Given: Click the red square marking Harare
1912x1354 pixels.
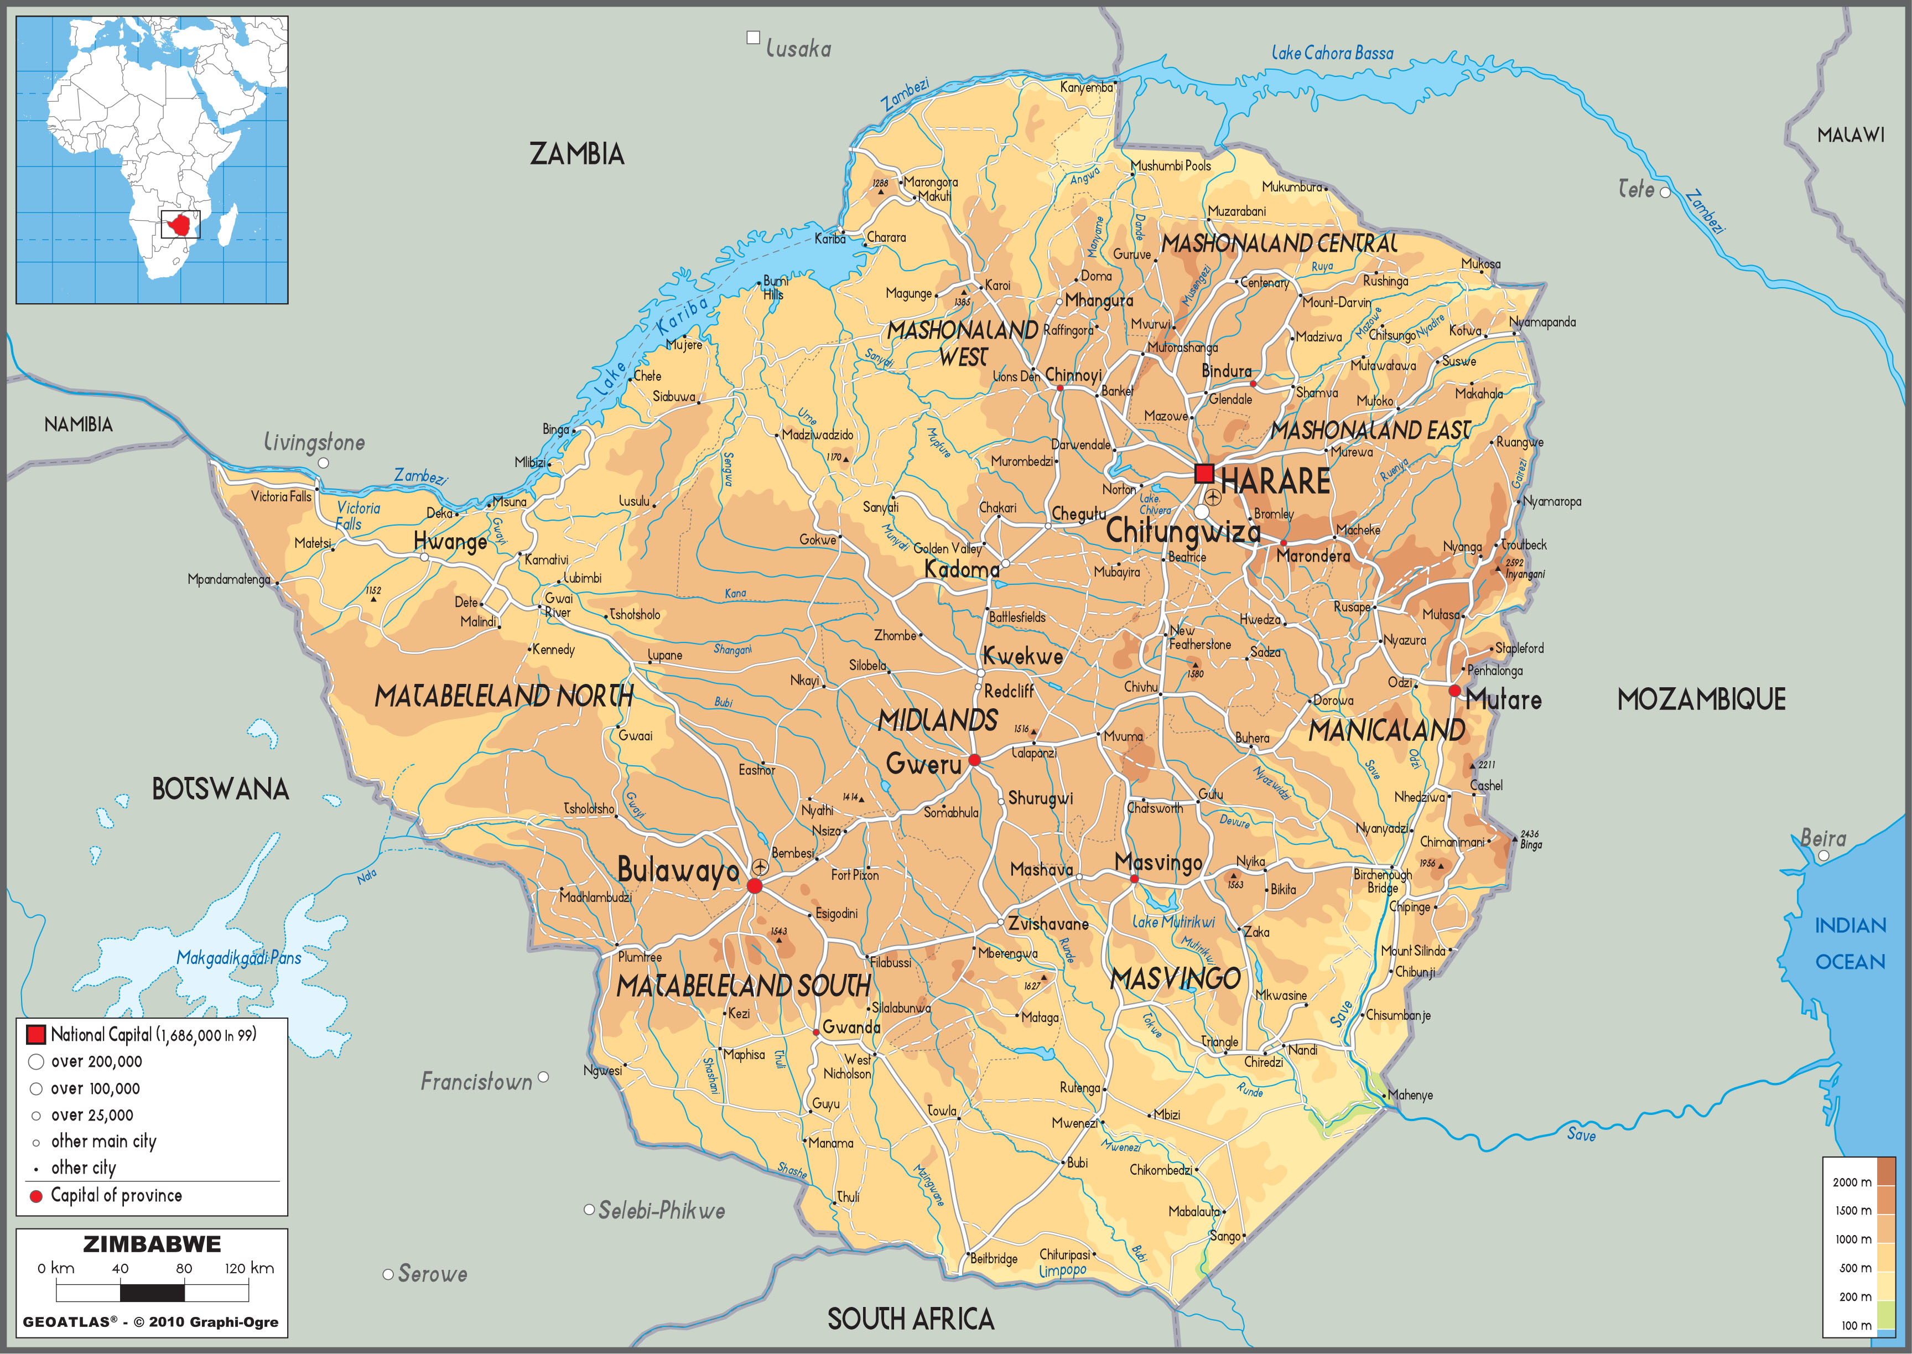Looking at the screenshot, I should [1203, 474].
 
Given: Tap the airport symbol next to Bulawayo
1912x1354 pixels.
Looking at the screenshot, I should [760, 867].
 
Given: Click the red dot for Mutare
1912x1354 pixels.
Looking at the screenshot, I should [1454, 691].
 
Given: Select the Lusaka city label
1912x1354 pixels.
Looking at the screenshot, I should [798, 49].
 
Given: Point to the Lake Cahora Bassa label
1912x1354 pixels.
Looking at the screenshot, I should [1332, 53].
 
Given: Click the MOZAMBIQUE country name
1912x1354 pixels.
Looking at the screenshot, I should [1701, 699].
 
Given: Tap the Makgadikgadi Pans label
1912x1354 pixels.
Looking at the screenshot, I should [238, 958].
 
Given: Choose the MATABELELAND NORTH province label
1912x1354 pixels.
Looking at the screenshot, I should [503, 696].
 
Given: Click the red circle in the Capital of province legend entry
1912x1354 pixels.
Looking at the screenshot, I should [36, 1196].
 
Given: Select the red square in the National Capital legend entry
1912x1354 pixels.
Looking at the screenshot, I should [36, 1035].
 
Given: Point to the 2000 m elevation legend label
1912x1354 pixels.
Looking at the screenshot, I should [1851, 1182].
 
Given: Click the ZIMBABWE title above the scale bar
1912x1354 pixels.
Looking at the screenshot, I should [152, 1244].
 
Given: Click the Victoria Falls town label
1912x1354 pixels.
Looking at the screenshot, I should [281, 497].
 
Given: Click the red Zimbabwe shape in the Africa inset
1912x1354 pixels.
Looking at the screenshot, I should [180, 224].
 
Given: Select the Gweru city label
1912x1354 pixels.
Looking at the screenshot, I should [923, 763].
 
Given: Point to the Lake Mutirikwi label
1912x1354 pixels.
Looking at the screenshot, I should [1173, 922].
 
